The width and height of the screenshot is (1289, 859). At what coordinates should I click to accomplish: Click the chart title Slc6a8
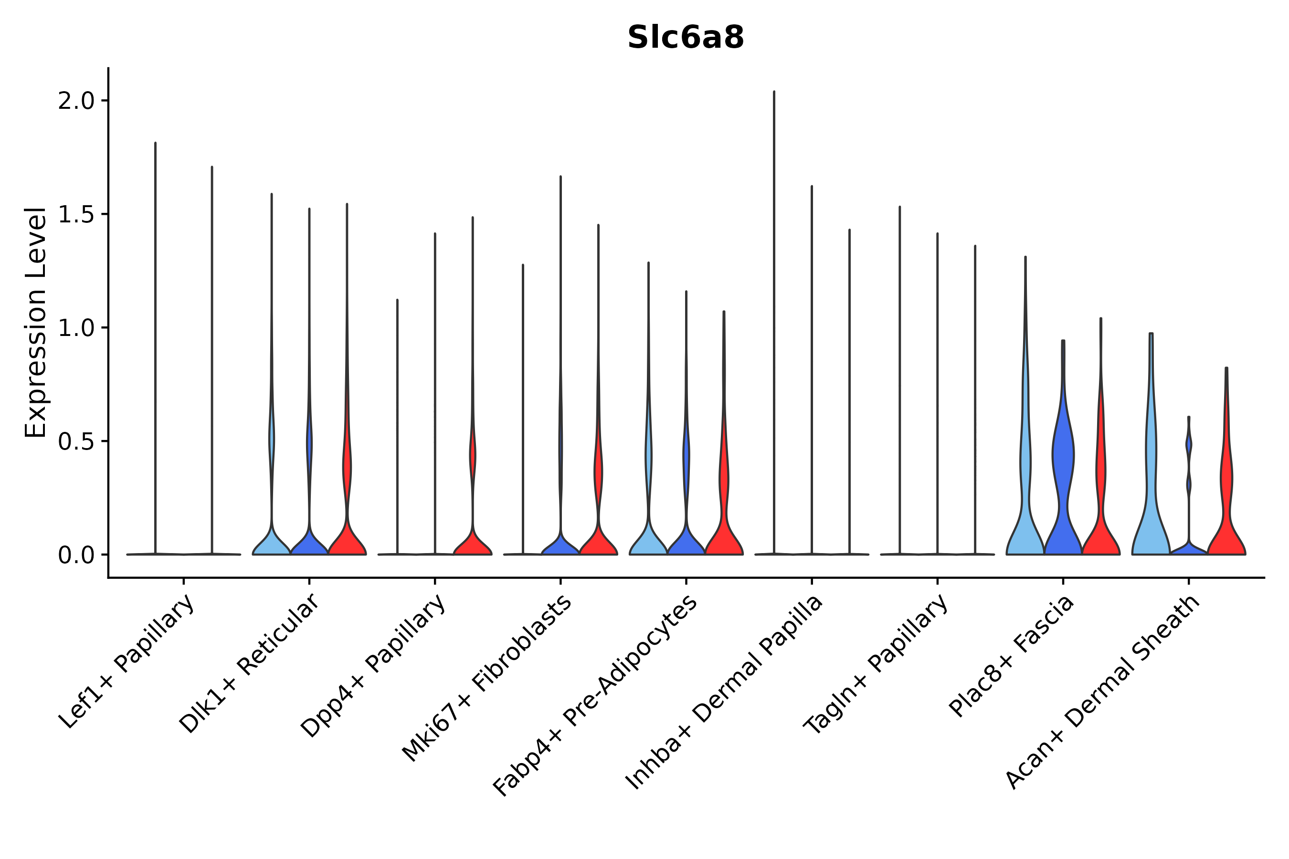tap(685, 38)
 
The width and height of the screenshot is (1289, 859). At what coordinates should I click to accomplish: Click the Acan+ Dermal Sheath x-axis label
tap(1103, 692)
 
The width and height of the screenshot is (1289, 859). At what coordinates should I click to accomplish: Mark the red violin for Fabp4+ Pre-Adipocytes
tap(724, 526)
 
